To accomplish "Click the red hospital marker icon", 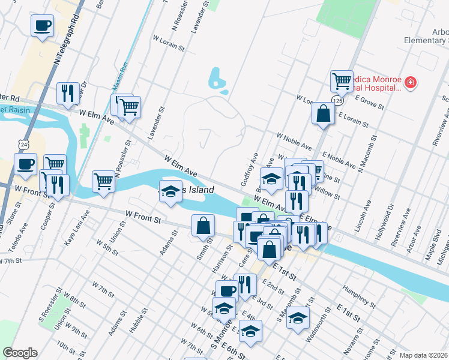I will (x=411, y=82).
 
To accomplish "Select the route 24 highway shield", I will (x=23, y=145).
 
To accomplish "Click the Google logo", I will (x=20, y=353).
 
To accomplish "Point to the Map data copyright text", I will (x=423, y=355).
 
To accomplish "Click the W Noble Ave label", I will (x=294, y=142).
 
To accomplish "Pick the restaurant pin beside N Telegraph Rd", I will (x=67, y=92).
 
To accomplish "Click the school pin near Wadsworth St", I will (x=297, y=318).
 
